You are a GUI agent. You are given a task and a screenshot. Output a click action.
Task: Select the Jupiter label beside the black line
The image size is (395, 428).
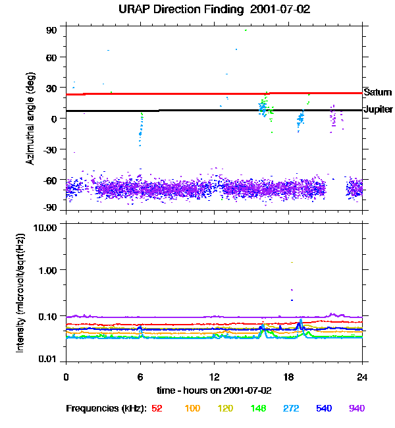click(378, 109)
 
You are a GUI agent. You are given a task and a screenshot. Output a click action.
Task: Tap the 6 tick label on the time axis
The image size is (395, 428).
click(140, 377)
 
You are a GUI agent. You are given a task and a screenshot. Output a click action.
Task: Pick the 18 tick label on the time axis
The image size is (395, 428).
click(288, 377)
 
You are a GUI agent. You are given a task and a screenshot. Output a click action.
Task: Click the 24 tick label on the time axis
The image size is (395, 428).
click(362, 377)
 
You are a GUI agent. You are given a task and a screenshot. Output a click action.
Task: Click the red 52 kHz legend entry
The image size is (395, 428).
click(157, 408)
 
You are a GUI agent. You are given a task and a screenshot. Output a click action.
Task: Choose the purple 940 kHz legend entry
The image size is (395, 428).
click(356, 408)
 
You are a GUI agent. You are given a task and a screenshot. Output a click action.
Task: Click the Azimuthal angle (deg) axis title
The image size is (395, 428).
click(30, 119)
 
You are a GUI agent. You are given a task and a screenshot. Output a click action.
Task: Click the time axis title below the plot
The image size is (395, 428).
click(214, 390)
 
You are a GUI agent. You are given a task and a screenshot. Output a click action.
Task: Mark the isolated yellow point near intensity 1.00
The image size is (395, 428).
click(291, 262)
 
